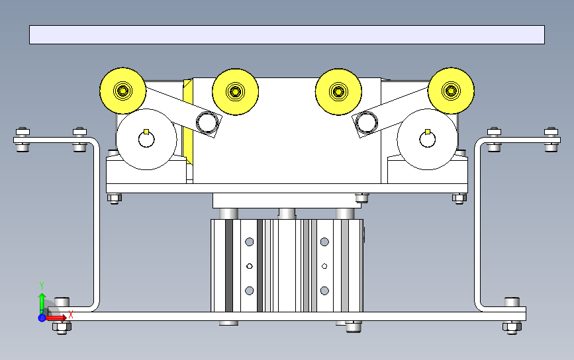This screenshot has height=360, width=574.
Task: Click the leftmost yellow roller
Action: point(123,90)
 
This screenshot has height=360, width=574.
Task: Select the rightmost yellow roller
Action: point(452,90)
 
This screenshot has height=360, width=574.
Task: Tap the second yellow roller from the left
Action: point(235,91)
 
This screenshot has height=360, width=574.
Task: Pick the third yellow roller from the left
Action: point(338,91)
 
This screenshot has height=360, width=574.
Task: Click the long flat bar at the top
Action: point(287,34)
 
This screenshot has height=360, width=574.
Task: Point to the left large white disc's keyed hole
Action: point(146,138)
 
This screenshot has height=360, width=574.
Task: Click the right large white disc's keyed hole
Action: point(428,138)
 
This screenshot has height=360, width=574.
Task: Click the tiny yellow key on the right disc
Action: point(428,131)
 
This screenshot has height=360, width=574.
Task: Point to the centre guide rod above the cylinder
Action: point(287,212)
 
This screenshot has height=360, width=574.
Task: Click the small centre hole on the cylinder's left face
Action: point(249,266)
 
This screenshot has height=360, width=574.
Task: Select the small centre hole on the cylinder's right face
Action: point(324,266)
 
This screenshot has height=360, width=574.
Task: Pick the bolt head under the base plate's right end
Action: point(510,326)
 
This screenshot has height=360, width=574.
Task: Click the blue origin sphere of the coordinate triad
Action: point(42,318)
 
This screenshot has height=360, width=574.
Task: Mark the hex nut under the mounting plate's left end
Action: point(114,197)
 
